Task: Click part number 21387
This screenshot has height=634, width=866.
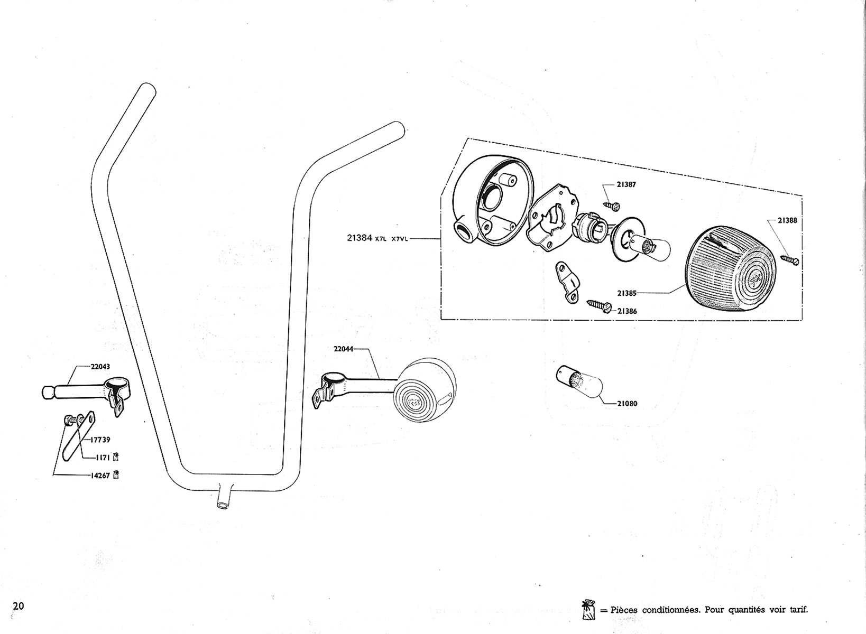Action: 626,185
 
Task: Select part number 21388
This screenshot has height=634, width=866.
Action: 787,221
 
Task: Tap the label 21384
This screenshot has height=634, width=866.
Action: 360,238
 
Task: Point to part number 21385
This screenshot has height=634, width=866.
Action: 627,293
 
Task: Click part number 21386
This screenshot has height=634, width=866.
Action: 627,311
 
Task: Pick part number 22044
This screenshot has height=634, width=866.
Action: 343,349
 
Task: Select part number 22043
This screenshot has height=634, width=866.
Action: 100,367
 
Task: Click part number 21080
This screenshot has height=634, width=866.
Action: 627,404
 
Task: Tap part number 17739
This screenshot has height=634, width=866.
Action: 100,440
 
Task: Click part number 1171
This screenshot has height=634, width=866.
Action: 102,458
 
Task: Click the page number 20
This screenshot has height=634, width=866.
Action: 19,606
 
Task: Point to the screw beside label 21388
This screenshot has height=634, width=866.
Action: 788,259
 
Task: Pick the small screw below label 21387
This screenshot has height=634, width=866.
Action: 613,205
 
